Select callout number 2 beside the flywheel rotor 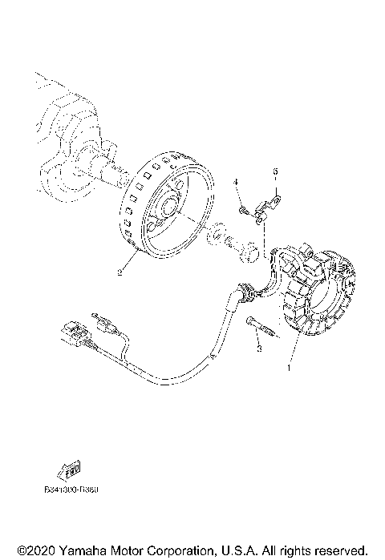(x=120, y=273)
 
